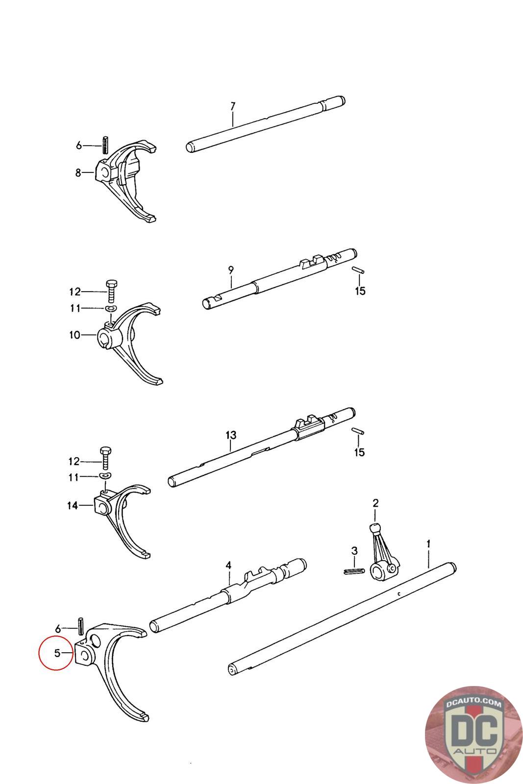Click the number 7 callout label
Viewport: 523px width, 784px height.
(233, 105)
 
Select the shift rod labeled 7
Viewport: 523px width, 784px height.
(265, 125)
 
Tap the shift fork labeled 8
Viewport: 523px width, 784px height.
(130, 181)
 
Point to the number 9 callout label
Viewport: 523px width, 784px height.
(231, 269)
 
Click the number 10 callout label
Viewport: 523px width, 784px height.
(75, 335)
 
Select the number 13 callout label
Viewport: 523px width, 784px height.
(231, 435)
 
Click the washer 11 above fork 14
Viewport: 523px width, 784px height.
(104, 476)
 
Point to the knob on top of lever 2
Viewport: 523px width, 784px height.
(375, 529)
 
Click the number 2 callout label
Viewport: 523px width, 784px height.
(375, 503)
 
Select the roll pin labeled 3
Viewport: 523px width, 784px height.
(353, 570)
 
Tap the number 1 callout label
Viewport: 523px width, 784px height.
(428, 543)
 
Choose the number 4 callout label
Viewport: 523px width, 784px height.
(228, 565)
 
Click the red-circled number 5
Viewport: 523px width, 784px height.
(57, 653)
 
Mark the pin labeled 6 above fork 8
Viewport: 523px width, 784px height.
(105, 145)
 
